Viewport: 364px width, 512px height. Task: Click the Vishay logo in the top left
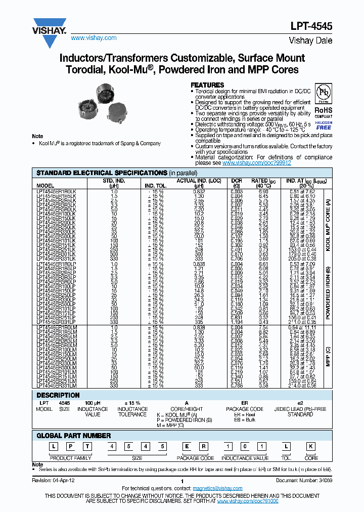click(x=49, y=27)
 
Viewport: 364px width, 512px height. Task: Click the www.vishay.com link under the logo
click(x=94, y=38)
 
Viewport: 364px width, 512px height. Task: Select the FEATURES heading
click(x=207, y=85)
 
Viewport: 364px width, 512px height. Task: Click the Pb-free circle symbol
click(x=323, y=94)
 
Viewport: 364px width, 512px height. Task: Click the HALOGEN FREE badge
click(x=324, y=125)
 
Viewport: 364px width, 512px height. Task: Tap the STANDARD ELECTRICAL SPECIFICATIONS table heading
click(x=101, y=173)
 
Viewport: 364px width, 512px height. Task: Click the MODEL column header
click(x=45, y=186)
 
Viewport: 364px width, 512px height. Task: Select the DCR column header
click(x=237, y=181)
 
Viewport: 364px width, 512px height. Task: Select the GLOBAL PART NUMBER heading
click(x=74, y=435)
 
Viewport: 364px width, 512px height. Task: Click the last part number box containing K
click(x=312, y=446)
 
